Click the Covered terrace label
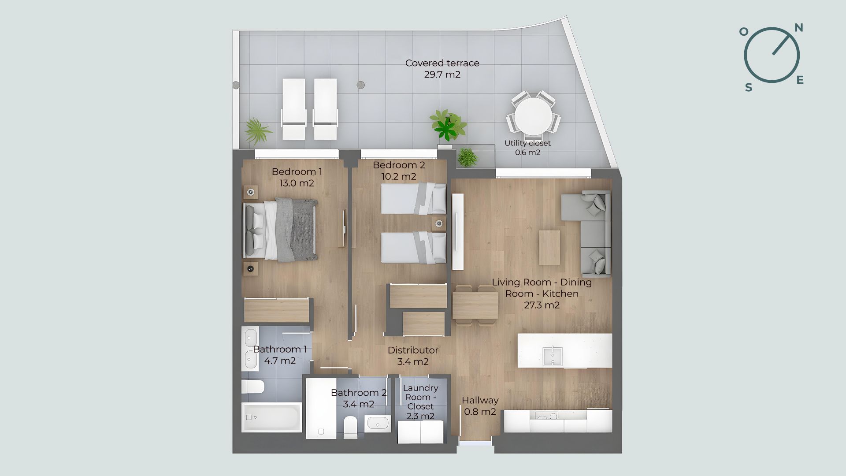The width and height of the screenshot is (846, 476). pyautogui.click(x=442, y=69)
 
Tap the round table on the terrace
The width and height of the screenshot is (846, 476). pyautogui.click(x=533, y=116)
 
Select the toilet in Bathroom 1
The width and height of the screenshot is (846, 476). pyautogui.click(x=252, y=387)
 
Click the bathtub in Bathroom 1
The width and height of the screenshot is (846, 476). pyautogui.click(x=271, y=417)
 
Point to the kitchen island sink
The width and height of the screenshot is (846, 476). pyautogui.click(x=553, y=356)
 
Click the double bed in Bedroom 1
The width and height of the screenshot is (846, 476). pyautogui.click(x=280, y=230)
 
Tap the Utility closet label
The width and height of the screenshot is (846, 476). pyautogui.click(x=527, y=148)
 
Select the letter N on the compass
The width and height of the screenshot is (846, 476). pyautogui.click(x=798, y=28)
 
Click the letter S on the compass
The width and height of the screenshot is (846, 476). pyautogui.click(x=749, y=88)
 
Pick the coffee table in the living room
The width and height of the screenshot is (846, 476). pyautogui.click(x=549, y=247)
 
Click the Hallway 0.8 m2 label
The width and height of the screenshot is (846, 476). pyautogui.click(x=480, y=406)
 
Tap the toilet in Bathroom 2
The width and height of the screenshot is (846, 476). pyautogui.click(x=351, y=428)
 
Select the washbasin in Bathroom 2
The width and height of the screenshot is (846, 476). pyautogui.click(x=378, y=424)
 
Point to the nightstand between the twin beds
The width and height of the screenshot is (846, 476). pyautogui.click(x=439, y=223)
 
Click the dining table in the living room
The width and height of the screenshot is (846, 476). pyautogui.click(x=475, y=305)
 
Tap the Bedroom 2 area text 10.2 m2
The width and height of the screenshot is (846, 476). pyautogui.click(x=399, y=177)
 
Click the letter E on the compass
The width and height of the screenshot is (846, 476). pyautogui.click(x=800, y=80)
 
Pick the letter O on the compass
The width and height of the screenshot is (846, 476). pyautogui.click(x=743, y=31)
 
